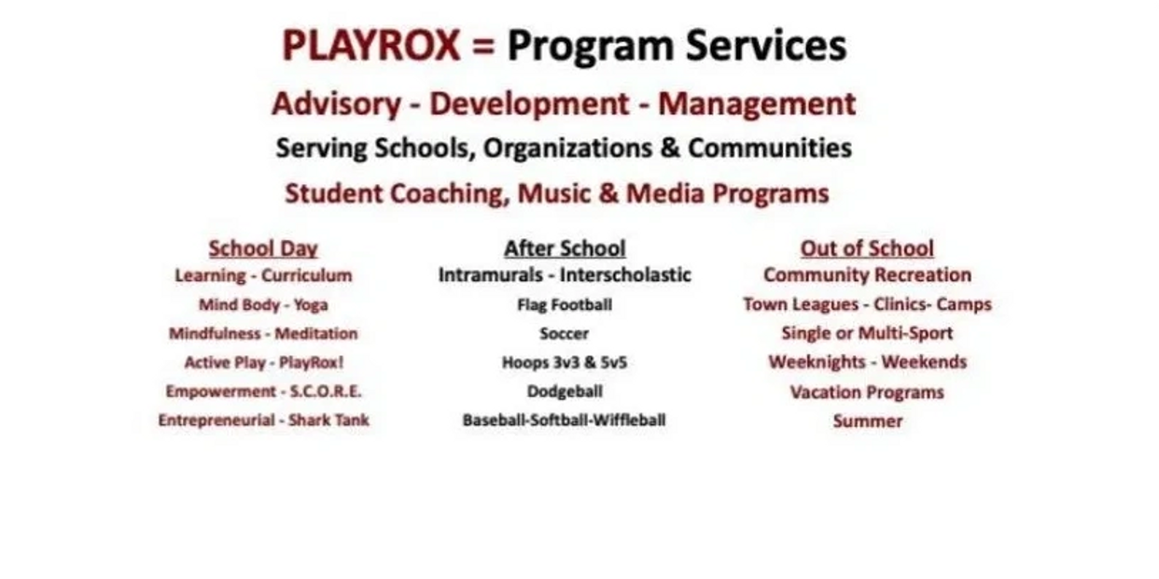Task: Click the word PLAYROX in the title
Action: (371, 46)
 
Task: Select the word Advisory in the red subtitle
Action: (336, 104)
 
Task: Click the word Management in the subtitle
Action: (757, 104)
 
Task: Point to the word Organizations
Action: (567, 148)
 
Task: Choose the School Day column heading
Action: (263, 248)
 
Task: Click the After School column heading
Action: (565, 248)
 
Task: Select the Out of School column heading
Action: (867, 248)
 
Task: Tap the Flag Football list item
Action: (565, 304)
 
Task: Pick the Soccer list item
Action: (564, 333)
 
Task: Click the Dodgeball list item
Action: (565, 391)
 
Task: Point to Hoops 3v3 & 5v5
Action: (565, 362)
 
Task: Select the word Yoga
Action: (311, 305)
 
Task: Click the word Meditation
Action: (315, 333)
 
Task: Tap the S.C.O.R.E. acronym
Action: (326, 391)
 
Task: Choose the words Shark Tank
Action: (328, 419)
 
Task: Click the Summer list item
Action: (868, 421)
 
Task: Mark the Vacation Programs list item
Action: (867, 392)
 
